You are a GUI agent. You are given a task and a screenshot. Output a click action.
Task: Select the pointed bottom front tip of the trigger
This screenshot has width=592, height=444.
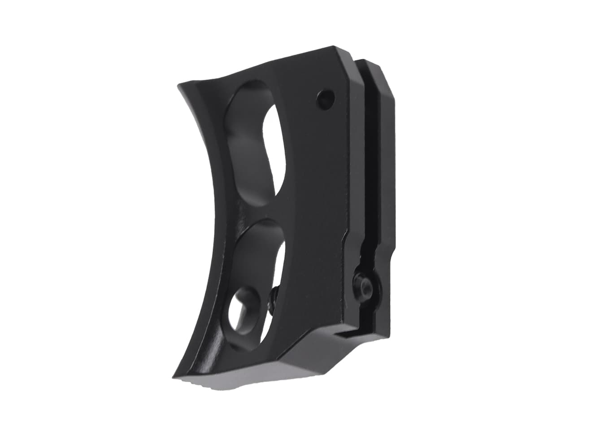pyautogui.click(x=172, y=376)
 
